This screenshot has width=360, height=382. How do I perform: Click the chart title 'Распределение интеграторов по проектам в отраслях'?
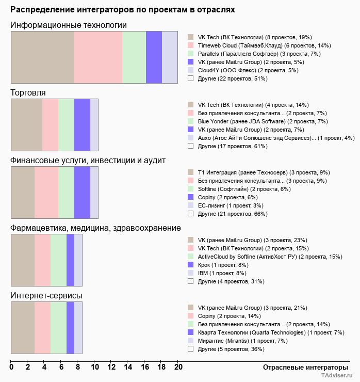[123, 9]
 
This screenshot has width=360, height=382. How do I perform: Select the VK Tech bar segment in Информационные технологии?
[42, 57]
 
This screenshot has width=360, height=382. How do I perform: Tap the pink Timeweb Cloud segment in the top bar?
[98, 57]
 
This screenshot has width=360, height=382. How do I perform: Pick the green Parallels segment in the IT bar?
[134, 57]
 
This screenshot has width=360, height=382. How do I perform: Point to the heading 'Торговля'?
[28, 93]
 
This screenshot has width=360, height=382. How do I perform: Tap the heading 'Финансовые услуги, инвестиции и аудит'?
[88, 161]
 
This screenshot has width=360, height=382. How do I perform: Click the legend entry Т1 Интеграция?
[256, 172]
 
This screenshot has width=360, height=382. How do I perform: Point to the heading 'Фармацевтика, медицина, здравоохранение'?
[95, 228]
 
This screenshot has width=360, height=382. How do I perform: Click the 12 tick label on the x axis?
[111, 368]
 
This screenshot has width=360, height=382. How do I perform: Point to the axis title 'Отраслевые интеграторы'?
[302, 367]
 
